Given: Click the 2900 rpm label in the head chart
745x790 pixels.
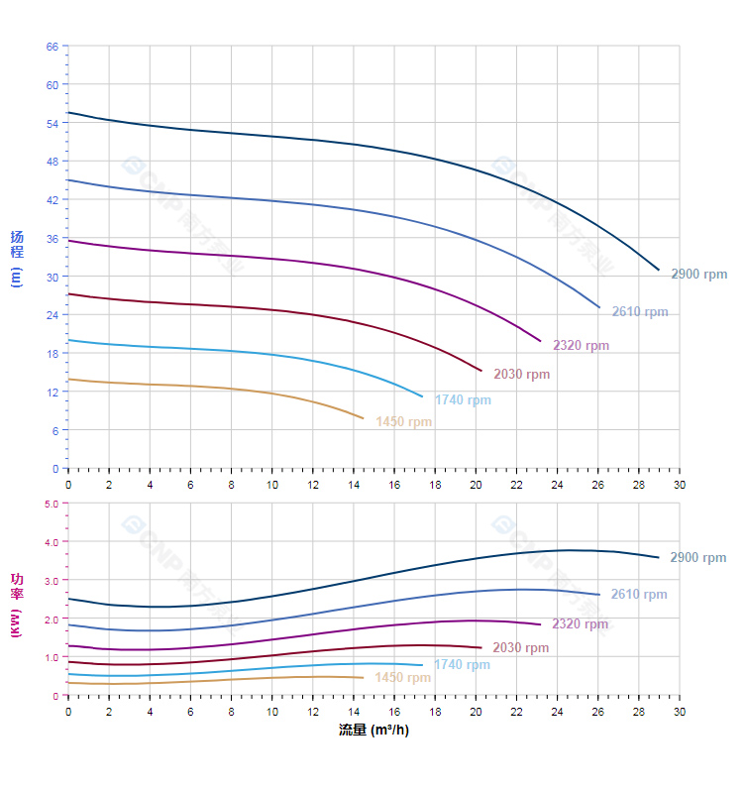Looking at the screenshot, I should tap(698, 275).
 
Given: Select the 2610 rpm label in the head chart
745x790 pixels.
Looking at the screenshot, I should tap(639, 312).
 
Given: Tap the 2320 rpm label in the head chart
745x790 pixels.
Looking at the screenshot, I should tap(581, 346).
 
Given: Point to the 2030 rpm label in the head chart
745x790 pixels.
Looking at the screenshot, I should tap(521, 375).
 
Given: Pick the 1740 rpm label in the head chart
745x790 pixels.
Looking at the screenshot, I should tap(463, 400).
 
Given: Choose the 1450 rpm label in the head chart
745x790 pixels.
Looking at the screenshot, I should tap(403, 422).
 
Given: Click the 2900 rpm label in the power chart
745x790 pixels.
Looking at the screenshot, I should tap(697, 558).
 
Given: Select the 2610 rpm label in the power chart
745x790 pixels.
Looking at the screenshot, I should tap(638, 595).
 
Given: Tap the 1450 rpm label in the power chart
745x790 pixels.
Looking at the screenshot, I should tap(402, 678).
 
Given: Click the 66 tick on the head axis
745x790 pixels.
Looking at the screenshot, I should tap(53, 47).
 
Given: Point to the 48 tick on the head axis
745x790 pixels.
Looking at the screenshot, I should tap(53, 162).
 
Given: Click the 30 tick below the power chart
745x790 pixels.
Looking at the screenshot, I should tap(679, 712).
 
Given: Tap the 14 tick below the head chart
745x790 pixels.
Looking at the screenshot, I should tap(354, 485).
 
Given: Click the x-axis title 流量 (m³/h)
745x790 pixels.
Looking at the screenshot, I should tap(372, 731).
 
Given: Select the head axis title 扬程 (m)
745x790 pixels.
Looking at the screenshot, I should tap(17, 258).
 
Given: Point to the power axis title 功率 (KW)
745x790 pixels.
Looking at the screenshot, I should tap(17, 603).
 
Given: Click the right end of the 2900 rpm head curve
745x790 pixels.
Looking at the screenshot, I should tap(659, 270).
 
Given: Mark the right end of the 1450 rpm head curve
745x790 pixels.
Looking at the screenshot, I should tap(364, 418).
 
